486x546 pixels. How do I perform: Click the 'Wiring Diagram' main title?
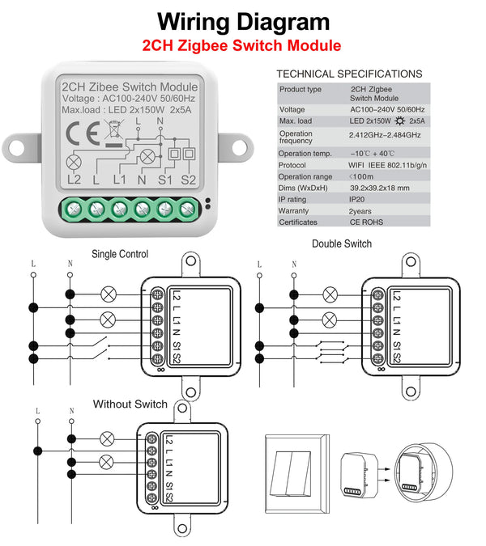pos(243,21)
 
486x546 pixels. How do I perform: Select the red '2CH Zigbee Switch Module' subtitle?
pos(241,46)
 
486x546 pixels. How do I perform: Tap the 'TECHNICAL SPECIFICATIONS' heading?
pos(349,74)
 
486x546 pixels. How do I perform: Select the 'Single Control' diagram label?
pos(120,254)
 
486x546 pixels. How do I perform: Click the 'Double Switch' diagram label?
pos(342,243)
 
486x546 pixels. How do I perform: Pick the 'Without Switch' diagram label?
pos(130,404)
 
